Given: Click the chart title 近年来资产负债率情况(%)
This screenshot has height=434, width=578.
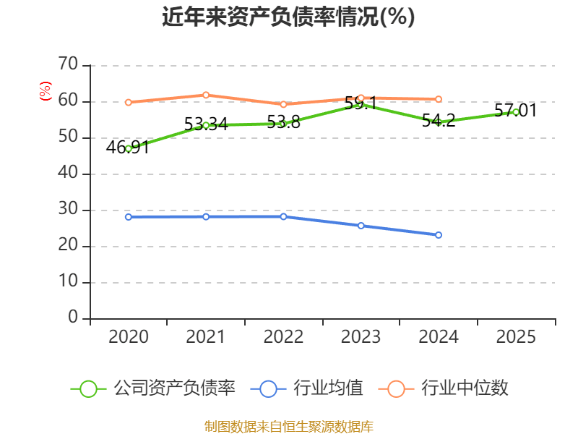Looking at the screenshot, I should [x=288, y=17].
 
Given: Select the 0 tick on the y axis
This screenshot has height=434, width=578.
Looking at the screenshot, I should [x=72, y=318].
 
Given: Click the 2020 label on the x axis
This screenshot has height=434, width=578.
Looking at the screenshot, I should [x=128, y=336].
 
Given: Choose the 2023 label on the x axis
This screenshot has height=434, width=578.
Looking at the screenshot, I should [x=361, y=336].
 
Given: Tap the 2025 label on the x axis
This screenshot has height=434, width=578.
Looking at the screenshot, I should [x=516, y=336].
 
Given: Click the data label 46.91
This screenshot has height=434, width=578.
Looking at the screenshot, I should [x=127, y=148].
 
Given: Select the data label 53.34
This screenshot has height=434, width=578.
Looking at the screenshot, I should [x=205, y=124].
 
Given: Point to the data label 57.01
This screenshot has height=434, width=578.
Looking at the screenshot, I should [x=515, y=111].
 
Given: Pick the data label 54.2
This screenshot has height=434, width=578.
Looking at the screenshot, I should [x=439, y=121].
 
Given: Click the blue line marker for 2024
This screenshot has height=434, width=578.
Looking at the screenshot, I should [x=439, y=235].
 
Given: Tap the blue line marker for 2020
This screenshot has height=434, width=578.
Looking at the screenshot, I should [x=129, y=217].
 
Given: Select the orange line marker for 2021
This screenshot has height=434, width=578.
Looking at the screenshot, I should [x=206, y=95].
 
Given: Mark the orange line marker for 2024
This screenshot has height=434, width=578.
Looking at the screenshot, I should [x=439, y=99].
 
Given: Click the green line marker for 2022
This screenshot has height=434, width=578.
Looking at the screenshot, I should [x=283, y=124].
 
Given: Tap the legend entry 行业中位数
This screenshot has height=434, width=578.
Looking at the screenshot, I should [x=444, y=388].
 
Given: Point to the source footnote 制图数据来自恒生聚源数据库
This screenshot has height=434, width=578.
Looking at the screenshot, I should [x=288, y=426].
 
